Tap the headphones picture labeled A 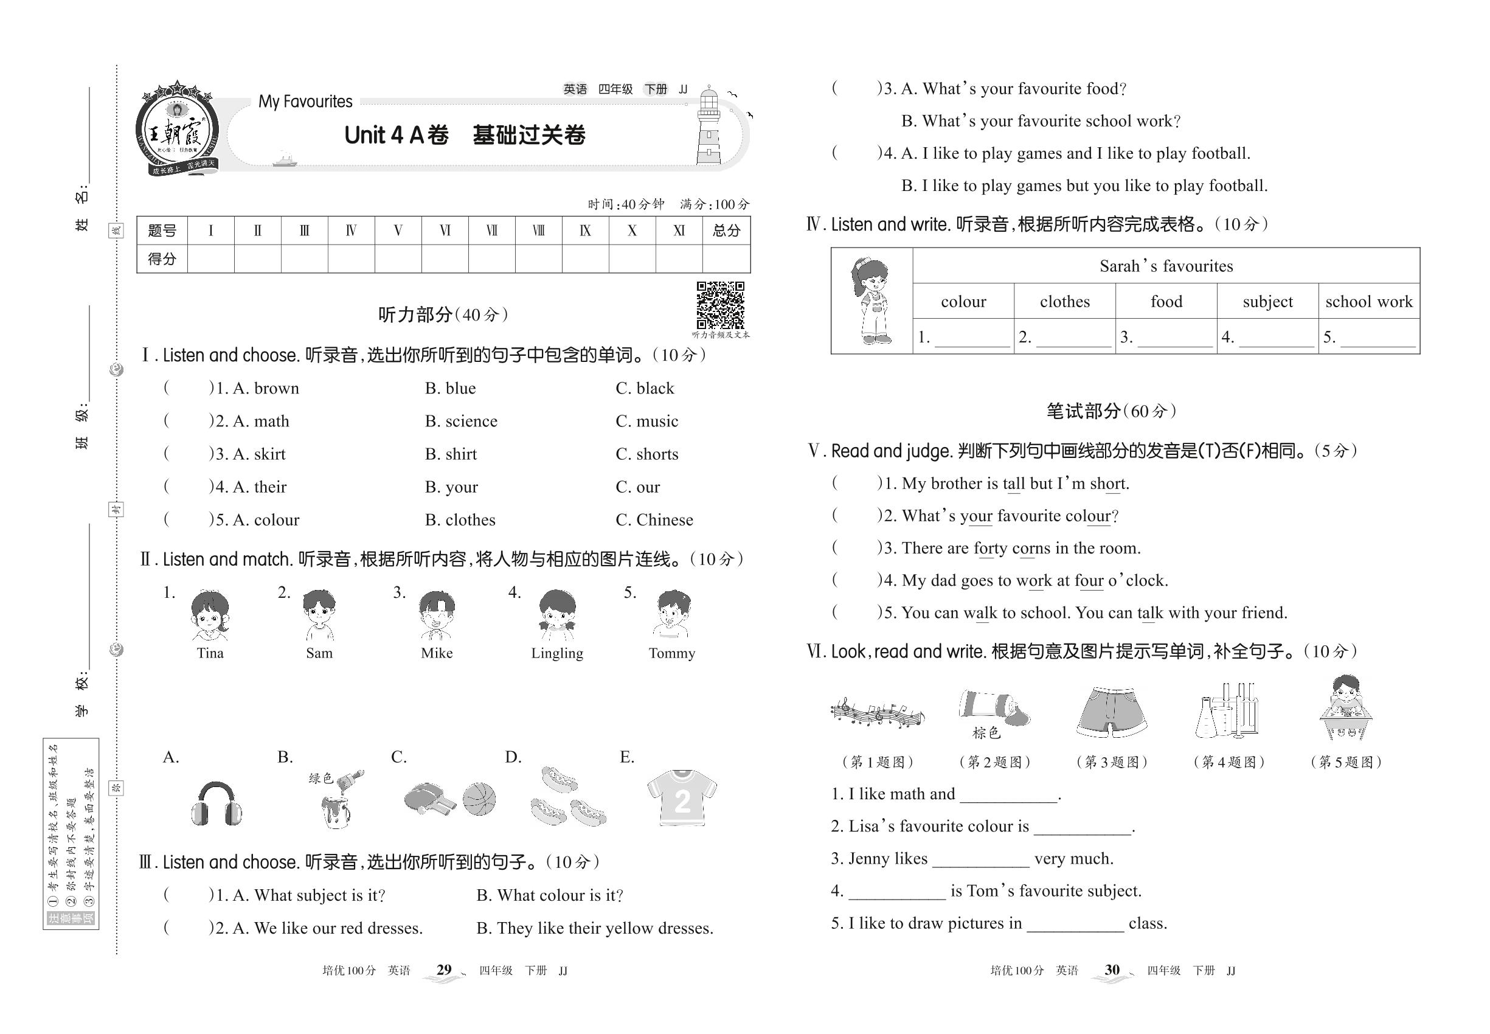(217, 803)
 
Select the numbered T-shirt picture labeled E (682, 797)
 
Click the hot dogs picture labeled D (566, 797)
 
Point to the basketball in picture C (479, 799)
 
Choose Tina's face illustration (209, 616)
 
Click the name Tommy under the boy (672, 653)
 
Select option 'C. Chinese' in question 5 (654, 519)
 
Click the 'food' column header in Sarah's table (1166, 301)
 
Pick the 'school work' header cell (1368, 301)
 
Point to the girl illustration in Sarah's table (871, 300)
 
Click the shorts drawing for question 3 (1112, 712)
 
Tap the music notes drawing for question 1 (877, 713)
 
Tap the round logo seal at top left (176, 130)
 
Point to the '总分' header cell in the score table (726, 231)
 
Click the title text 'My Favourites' (305, 102)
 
